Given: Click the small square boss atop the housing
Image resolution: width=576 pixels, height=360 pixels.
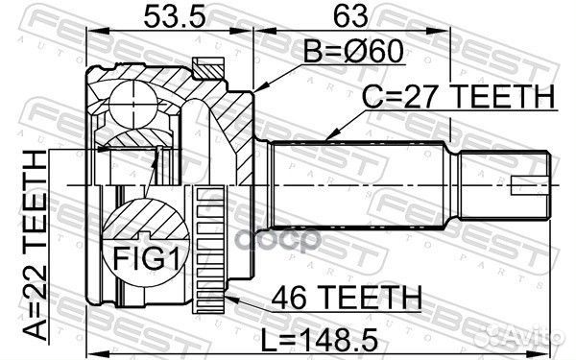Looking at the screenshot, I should [205, 66].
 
